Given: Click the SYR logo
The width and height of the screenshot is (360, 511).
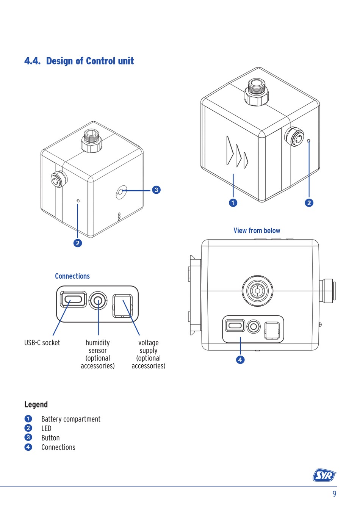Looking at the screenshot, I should [324, 475].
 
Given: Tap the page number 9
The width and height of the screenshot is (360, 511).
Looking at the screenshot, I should [334, 494].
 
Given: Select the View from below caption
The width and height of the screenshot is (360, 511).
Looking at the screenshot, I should [257, 230].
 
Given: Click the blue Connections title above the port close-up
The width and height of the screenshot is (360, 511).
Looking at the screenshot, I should [72, 276].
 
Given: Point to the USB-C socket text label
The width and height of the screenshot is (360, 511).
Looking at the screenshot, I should [42, 343].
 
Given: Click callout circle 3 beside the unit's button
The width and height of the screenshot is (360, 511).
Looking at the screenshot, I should [156, 190].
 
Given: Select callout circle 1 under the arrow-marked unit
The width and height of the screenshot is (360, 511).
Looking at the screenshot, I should [233, 203].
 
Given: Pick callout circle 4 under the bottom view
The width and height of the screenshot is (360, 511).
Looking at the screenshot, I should [240, 360].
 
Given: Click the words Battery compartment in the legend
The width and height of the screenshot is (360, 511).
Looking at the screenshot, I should [71, 419].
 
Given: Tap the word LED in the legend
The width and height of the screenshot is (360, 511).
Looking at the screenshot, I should [46, 428].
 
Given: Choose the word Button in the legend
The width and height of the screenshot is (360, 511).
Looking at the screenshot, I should [50, 438].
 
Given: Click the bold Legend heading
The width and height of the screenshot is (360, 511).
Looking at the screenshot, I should [36, 404].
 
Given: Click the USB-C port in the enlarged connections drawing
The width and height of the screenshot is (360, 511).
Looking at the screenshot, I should [74, 299].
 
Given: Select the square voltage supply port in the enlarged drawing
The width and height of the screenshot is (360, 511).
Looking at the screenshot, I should [122, 306].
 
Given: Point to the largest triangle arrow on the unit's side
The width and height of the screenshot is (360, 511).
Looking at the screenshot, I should [230, 150].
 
